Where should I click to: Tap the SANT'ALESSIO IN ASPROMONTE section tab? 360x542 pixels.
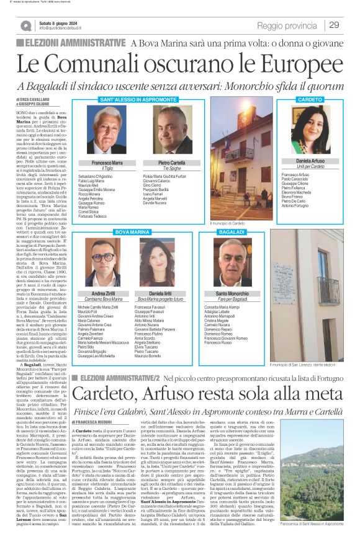pos(130,99)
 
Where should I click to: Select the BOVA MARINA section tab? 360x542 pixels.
pos(132,231)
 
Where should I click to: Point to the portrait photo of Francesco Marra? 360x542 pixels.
pos(110,131)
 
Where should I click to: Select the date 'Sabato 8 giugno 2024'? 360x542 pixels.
pos(61,23)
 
